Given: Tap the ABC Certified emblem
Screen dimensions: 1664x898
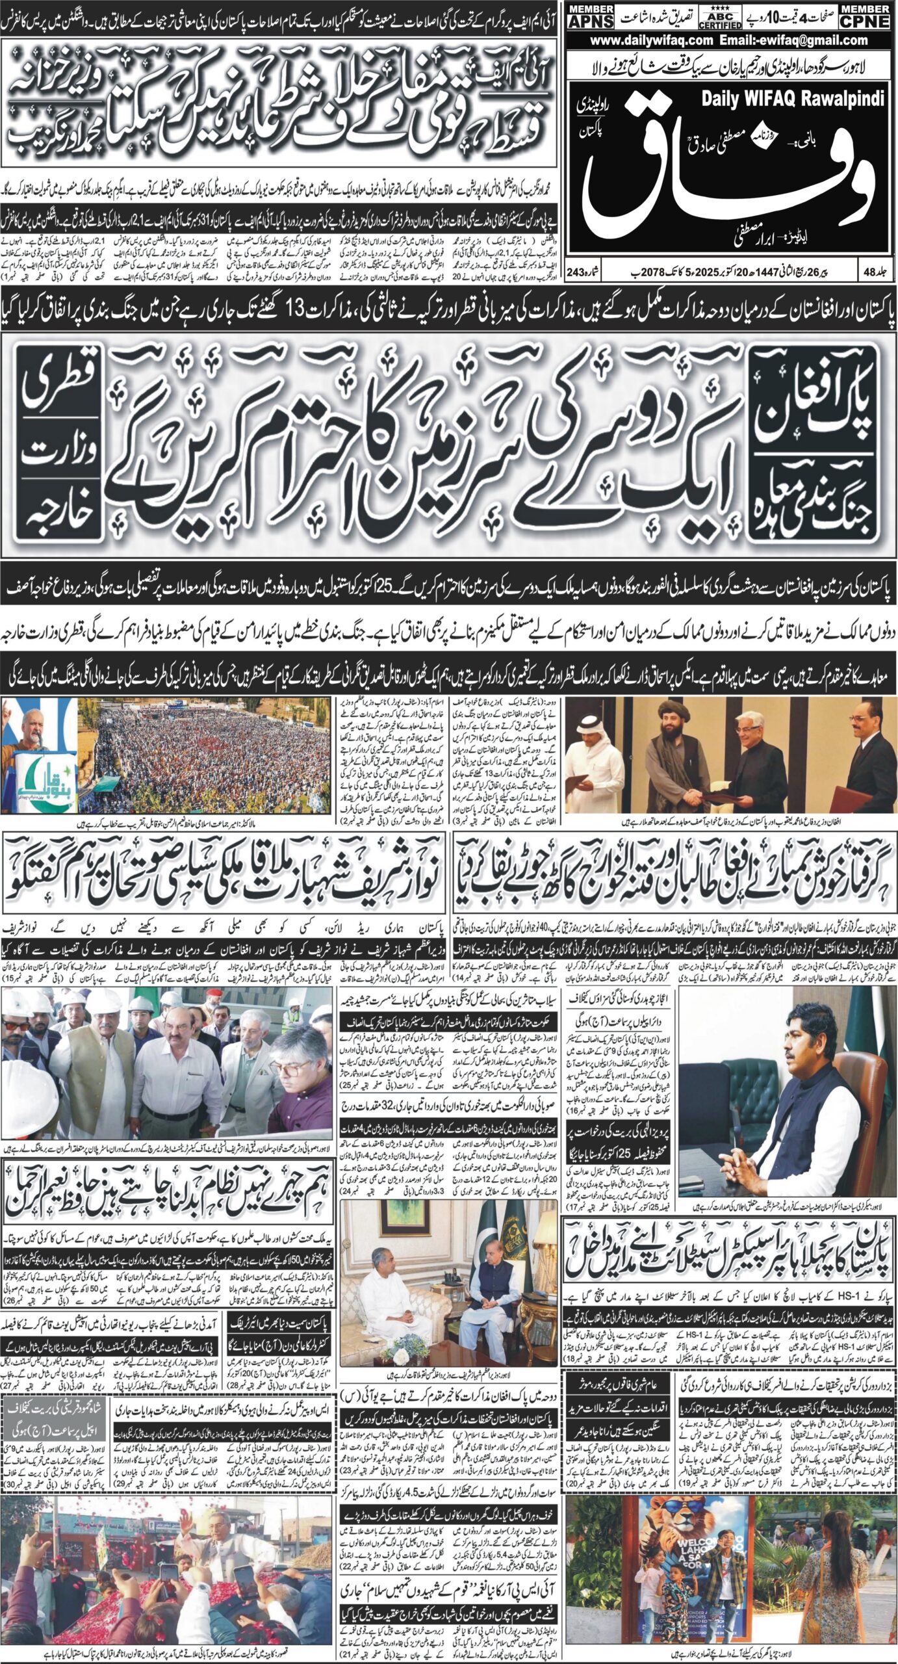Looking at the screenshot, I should coord(719,16).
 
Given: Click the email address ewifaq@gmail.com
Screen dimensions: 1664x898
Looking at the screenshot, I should coord(792,40).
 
